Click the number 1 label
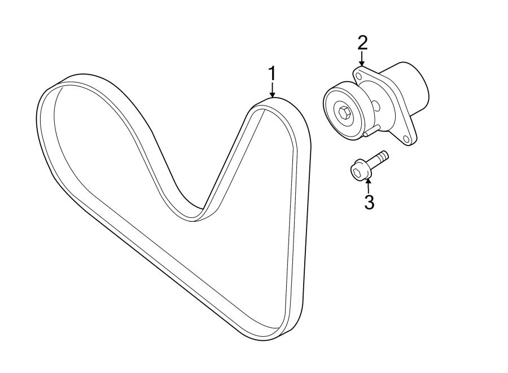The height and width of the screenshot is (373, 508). (x=272, y=74)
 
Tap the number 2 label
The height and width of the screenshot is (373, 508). (x=362, y=42)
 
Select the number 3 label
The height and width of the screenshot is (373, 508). (x=369, y=202)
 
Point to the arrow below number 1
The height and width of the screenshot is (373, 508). (x=273, y=90)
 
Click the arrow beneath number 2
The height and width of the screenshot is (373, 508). (x=362, y=58)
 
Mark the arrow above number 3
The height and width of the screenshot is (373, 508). (x=368, y=185)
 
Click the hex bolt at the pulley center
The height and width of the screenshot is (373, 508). (x=345, y=113)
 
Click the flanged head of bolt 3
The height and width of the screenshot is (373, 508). (x=357, y=170)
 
